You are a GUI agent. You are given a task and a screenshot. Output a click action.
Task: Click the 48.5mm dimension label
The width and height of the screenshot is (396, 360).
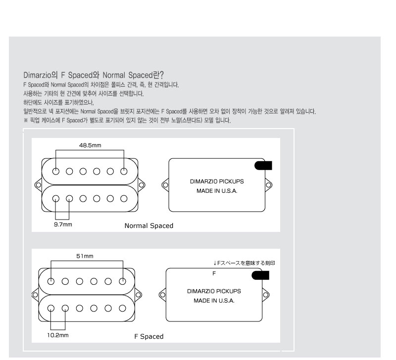tap(90, 145)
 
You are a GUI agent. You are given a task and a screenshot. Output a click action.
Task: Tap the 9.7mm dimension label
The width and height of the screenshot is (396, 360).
tap(63, 225)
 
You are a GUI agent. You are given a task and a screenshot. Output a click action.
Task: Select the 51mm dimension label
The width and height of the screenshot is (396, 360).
tap(85, 256)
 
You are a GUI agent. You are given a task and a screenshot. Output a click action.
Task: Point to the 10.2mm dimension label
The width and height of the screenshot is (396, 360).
tap(58, 335)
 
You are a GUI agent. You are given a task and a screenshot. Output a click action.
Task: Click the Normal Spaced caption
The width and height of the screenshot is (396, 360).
tap(149, 226)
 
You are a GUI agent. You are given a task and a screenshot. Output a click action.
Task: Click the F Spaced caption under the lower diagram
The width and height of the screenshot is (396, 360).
tap(149, 337)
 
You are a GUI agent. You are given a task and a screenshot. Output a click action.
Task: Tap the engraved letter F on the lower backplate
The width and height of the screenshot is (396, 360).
tap(214, 273)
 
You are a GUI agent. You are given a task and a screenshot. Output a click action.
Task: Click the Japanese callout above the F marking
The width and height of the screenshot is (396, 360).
tap(244, 263)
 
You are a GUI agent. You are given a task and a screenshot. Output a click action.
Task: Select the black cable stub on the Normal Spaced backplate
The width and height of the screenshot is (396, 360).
tap(263, 166)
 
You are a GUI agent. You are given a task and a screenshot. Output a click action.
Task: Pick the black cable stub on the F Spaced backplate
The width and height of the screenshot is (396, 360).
tap(260, 275)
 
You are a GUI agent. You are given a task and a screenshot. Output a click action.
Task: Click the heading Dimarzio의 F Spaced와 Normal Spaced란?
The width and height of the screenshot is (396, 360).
tap(94, 75)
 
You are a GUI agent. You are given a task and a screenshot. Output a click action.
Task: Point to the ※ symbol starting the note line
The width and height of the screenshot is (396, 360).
tap(26, 120)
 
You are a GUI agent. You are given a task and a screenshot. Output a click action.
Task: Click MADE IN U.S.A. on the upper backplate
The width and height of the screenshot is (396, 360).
tap(217, 191)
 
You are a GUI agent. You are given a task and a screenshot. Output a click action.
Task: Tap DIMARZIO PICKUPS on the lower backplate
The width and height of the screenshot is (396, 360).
tap(214, 291)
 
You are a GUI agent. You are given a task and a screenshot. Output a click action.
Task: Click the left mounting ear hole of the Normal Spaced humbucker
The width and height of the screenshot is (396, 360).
tap(39, 185)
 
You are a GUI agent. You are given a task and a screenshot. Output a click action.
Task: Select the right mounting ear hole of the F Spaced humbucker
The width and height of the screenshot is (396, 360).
tap(138, 295)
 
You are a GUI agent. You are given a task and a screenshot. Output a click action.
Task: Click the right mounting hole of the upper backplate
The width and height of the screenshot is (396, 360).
tap(268, 185)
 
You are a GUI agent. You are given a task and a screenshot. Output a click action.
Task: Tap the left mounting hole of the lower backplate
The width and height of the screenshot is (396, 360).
tap(163, 295)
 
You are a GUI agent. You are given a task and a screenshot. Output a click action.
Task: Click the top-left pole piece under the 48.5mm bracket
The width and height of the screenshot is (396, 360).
tap(56, 172)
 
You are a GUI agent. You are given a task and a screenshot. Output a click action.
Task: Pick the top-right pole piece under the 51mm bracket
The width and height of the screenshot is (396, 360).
tap(122, 281)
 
